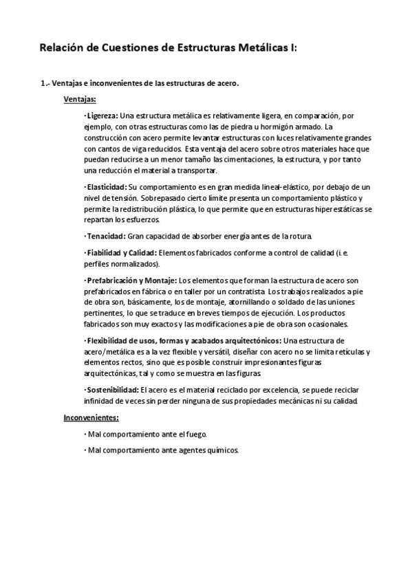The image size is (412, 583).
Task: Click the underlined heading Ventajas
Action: (79, 99)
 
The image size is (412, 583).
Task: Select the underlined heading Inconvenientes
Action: (91, 417)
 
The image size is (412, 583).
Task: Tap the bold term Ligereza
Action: (102, 115)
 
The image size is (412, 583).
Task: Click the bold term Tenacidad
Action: (105, 236)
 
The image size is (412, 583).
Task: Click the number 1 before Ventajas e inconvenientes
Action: (44, 84)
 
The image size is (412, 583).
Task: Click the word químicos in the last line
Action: (223, 450)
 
